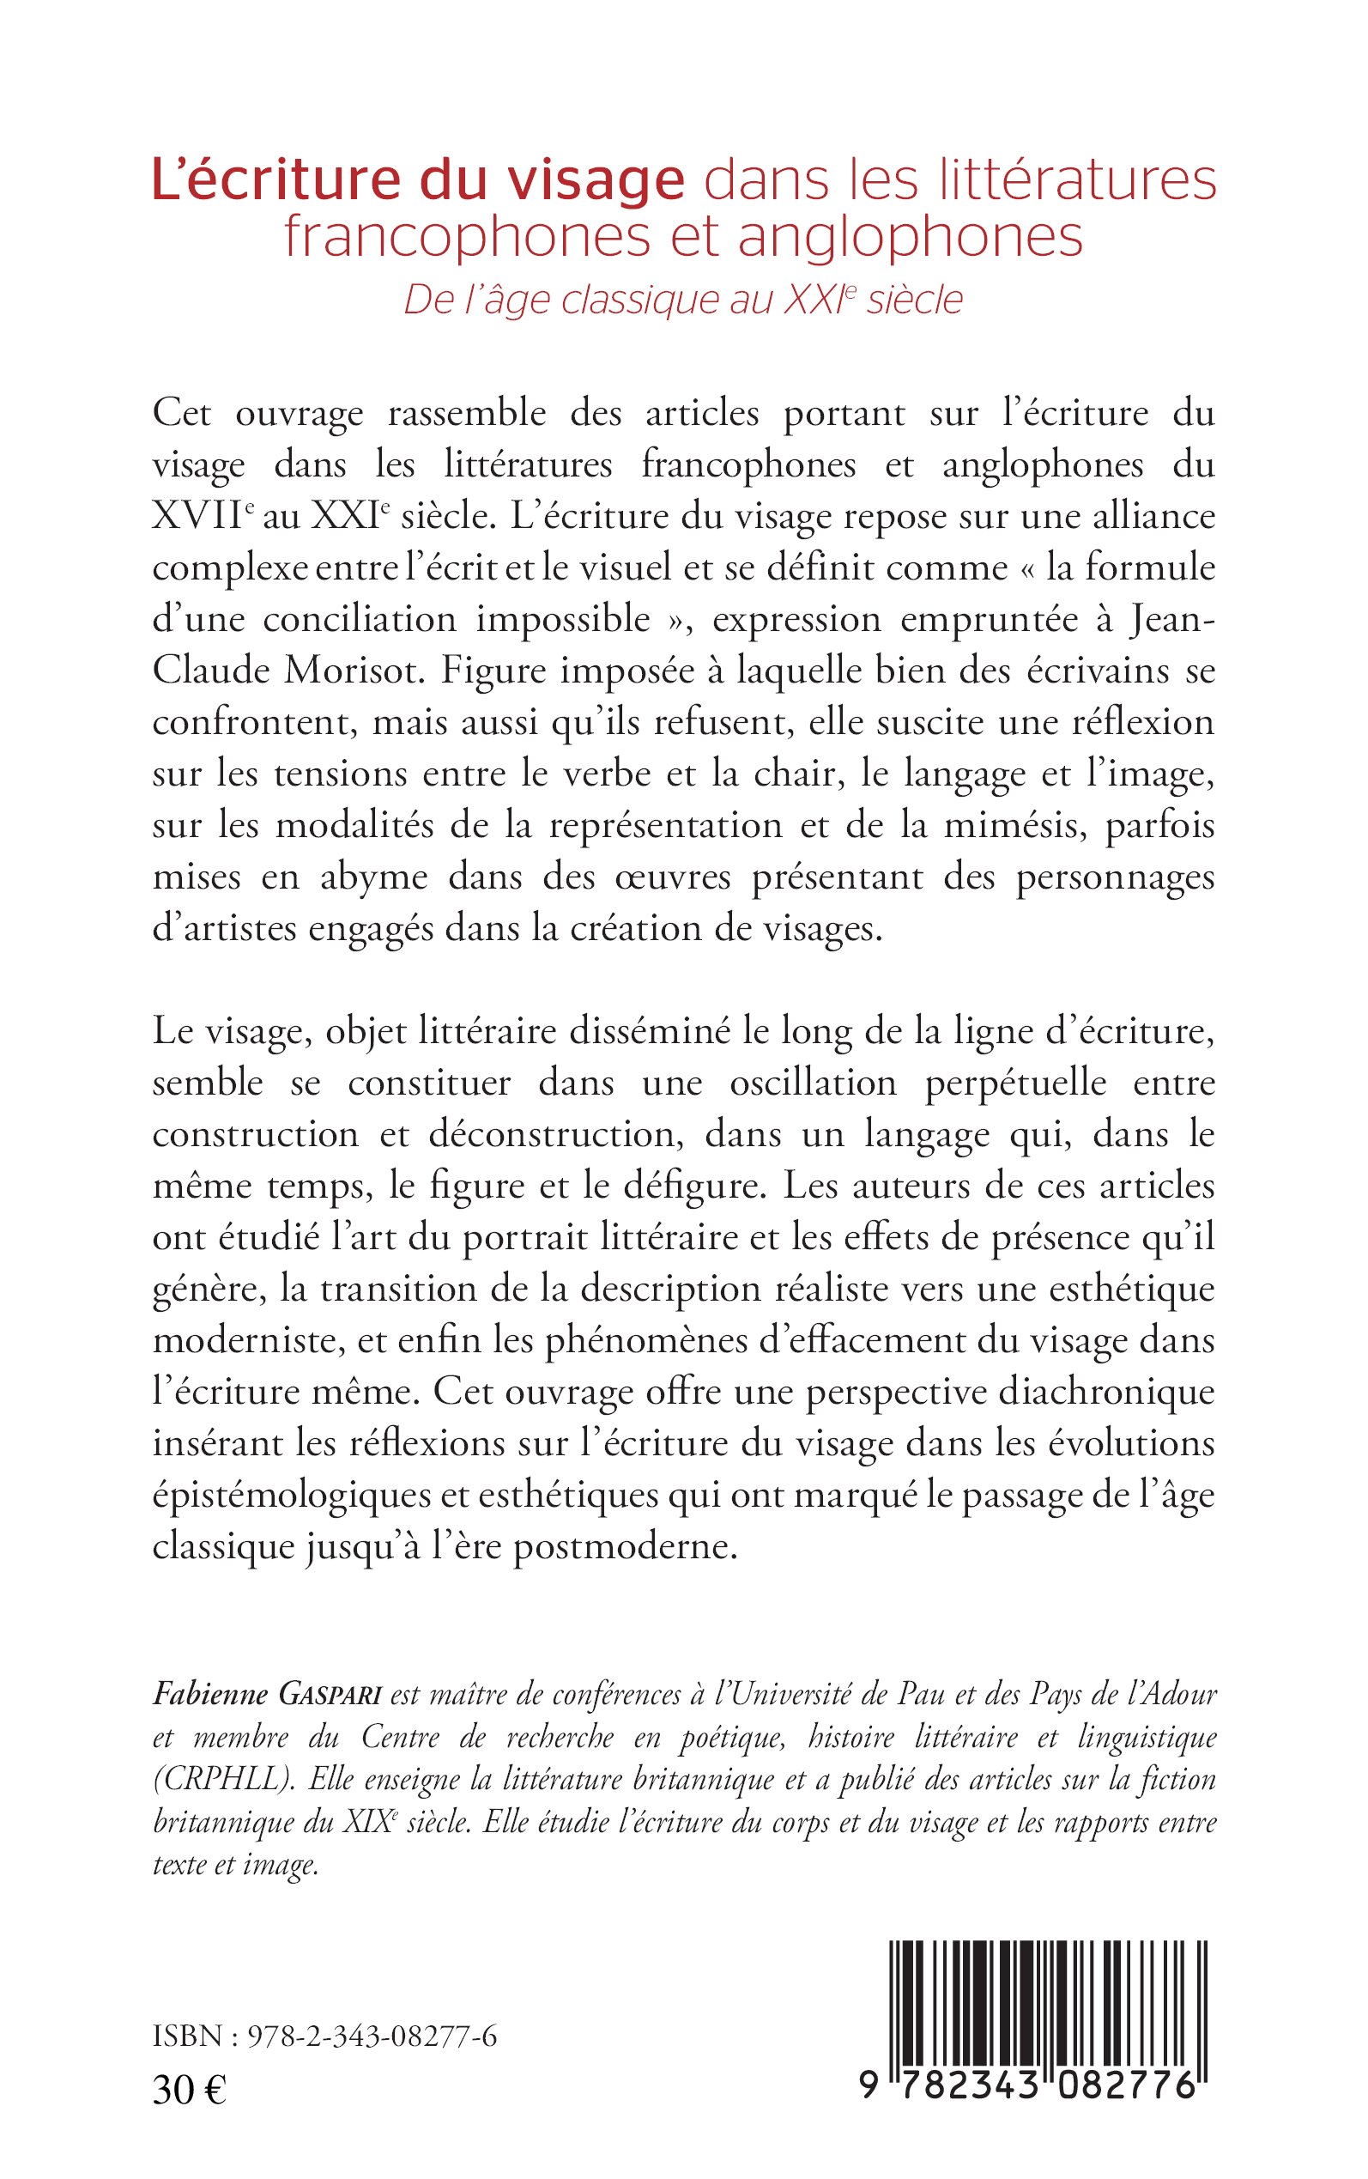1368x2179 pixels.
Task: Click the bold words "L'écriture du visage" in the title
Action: (x=418, y=181)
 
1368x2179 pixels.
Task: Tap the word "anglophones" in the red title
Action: (x=911, y=237)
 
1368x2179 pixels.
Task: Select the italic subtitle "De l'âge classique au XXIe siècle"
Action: (x=683, y=300)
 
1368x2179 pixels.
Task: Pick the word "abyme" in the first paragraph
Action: (x=372, y=877)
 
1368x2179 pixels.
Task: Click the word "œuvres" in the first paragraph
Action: (x=672, y=877)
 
